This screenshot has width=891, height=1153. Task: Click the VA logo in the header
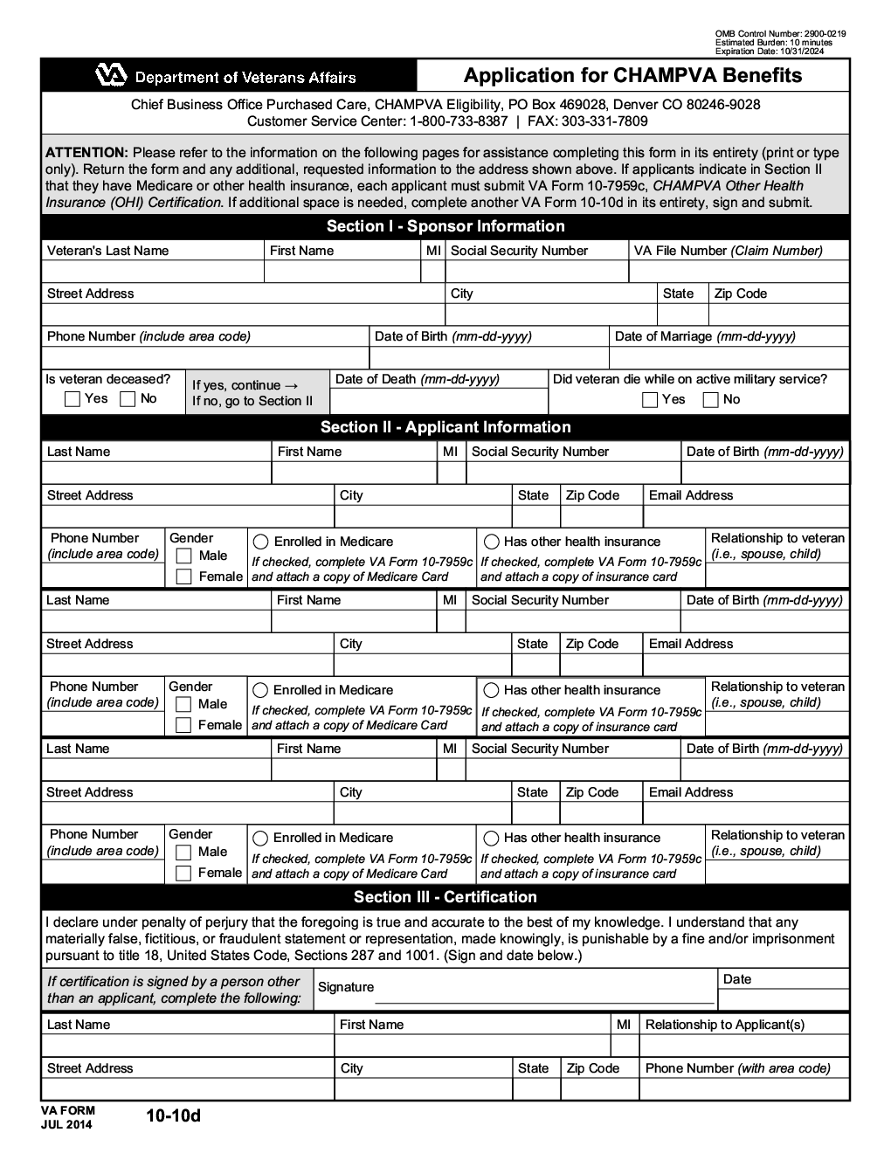(112, 77)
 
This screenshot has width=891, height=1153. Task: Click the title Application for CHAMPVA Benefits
(632, 75)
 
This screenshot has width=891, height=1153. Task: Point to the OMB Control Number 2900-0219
(780, 34)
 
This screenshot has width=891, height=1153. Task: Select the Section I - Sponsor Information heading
(445, 226)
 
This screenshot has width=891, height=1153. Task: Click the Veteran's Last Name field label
(107, 251)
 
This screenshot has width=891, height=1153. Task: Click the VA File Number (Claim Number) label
(728, 251)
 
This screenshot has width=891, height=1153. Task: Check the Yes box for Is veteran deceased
(73, 399)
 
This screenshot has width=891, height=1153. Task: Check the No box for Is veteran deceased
(128, 399)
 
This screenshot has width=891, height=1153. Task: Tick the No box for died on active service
(711, 400)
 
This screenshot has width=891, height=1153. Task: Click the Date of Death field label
(417, 379)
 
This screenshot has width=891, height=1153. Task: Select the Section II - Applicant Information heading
(445, 427)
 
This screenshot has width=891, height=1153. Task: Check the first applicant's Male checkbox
(183, 556)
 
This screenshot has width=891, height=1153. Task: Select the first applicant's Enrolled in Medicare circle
(260, 542)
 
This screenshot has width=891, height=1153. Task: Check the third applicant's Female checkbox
(183, 873)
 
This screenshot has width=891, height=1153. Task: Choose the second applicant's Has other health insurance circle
(492, 690)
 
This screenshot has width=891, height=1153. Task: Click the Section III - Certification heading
(445, 897)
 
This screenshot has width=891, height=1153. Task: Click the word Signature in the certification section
(345, 987)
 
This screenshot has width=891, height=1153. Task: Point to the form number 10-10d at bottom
(173, 1115)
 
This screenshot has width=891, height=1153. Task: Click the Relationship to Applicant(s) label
(724, 1025)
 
